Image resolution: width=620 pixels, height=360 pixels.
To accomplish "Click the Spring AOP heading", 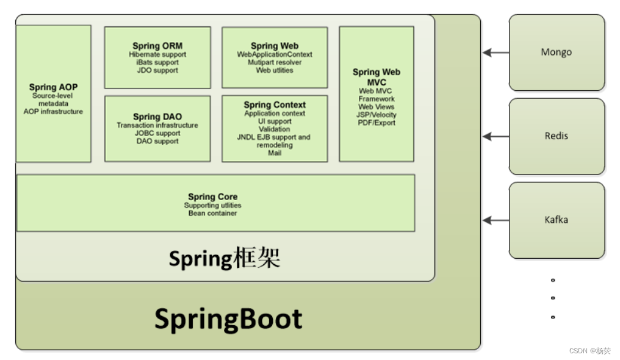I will point(53,87).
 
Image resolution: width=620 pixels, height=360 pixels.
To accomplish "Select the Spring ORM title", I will point(157,46).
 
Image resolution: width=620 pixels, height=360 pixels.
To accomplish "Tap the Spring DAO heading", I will point(157,117).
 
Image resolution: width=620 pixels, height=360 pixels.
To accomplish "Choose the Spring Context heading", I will point(275,105).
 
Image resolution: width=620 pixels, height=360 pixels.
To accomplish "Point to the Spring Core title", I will point(212,196).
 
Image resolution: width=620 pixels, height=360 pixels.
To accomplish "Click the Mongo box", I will point(557,52).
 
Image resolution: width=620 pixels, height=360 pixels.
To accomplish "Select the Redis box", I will point(557,136).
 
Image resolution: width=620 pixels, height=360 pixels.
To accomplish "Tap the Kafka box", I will point(557,220).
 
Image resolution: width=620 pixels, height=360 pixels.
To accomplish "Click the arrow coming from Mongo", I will point(496,52).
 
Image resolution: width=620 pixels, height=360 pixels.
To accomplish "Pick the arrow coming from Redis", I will point(496,137).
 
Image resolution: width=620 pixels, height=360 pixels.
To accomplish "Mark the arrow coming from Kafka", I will point(496,220).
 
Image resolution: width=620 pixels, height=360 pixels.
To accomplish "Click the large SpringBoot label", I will point(228,319).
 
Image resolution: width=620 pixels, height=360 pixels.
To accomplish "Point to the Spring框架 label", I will point(224,259).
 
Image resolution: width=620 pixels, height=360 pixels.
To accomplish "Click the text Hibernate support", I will point(157,54).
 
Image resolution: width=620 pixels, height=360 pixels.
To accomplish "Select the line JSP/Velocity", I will point(377,115).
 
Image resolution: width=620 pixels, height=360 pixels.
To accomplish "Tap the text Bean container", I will point(212,214).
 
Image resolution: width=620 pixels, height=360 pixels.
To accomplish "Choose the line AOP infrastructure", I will point(53,112).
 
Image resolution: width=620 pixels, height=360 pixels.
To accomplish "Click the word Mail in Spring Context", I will point(275,153).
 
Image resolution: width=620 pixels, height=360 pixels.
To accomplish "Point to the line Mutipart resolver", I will point(275,62).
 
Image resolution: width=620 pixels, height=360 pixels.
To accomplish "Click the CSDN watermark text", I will point(589,351).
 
